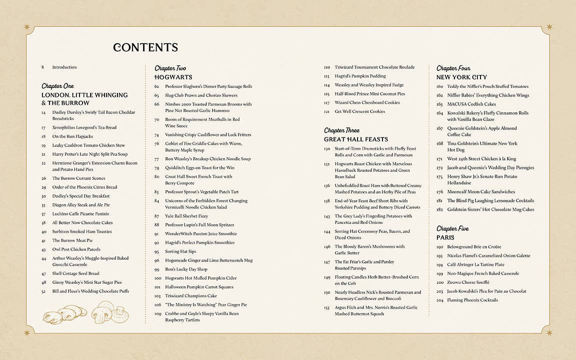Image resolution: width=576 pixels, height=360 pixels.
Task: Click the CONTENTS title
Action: [x=145, y=47]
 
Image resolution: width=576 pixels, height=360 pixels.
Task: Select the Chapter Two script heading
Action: [x=170, y=68]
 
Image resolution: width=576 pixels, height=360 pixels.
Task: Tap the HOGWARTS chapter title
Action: [x=173, y=77]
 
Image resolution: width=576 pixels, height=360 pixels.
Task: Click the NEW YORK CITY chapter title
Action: [x=461, y=77]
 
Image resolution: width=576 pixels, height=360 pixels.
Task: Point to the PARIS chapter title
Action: [x=445, y=237]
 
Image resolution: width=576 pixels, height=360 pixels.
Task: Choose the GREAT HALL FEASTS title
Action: [x=355, y=139]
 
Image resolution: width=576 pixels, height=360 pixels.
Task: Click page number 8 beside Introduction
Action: [x=43, y=67]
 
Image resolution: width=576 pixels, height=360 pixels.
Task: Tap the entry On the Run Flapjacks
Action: [x=72, y=136]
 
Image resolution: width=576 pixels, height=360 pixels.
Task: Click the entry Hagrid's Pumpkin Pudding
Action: [x=360, y=76]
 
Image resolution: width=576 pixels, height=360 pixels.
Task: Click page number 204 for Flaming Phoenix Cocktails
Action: [x=439, y=300]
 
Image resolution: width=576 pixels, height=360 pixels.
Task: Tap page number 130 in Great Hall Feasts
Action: [x=326, y=148]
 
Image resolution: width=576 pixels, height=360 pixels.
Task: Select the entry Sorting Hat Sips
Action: [x=180, y=251]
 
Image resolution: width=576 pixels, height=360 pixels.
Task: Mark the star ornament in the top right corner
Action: [x=549, y=27]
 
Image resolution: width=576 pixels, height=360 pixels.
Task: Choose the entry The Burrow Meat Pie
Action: [x=72, y=240]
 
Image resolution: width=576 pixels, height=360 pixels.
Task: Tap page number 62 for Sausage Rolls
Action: [x=156, y=86]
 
